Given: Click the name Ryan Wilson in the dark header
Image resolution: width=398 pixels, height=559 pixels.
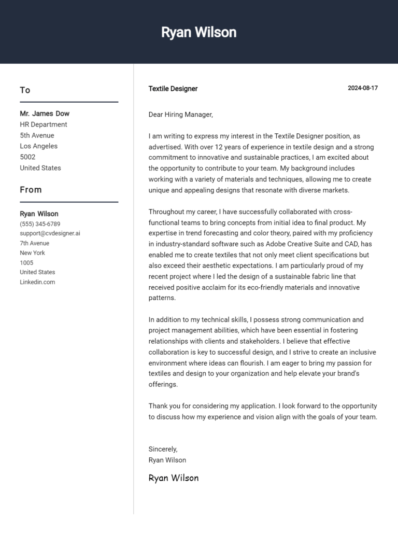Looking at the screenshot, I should pyautogui.click(x=198, y=32).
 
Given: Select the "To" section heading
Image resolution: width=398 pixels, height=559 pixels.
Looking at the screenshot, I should pyautogui.click(x=25, y=90).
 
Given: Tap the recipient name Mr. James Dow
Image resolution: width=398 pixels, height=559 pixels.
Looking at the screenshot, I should pyautogui.click(x=45, y=114).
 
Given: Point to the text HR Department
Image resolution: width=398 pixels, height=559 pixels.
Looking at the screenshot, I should pyautogui.click(x=44, y=124).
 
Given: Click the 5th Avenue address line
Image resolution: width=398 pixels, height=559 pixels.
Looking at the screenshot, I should pyautogui.click(x=37, y=135).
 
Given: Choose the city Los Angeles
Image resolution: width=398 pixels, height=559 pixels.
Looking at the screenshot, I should pyautogui.click(x=39, y=146).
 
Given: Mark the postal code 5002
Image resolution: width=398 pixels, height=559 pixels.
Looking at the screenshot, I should pyautogui.click(x=27, y=157).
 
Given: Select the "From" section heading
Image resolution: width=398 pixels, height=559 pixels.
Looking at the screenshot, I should pyautogui.click(x=31, y=190).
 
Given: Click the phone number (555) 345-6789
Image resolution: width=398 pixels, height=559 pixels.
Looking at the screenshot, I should pyautogui.click(x=40, y=224).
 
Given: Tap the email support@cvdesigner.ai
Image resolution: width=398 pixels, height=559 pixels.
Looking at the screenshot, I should pyautogui.click(x=50, y=233).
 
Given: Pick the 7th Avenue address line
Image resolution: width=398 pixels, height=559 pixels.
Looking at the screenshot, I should pyautogui.click(x=35, y=243).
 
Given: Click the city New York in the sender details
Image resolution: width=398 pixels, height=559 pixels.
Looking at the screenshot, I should pyautogui.click(x=33, y=253).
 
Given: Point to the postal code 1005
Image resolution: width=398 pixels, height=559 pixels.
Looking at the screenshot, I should pyautogui.click(x=26, y=262).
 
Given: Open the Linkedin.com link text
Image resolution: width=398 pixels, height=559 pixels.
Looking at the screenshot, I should pyautogui.click(x=37, y=282).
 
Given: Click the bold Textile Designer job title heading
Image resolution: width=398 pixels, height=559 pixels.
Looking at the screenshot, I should pyautogui.click(x=173, y=89).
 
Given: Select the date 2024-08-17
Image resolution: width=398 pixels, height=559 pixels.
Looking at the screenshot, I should pyautogui.click(x=363, y=88).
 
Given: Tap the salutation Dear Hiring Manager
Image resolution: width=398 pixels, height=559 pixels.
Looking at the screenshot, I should pyautogui.click(x=180, y=115).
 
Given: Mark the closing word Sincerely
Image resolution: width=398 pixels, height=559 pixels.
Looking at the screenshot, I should pyautogui.click(x=163, y=449).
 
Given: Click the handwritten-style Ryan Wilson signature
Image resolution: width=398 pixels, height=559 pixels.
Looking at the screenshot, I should pyautogui.click(x=174, y=478).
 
